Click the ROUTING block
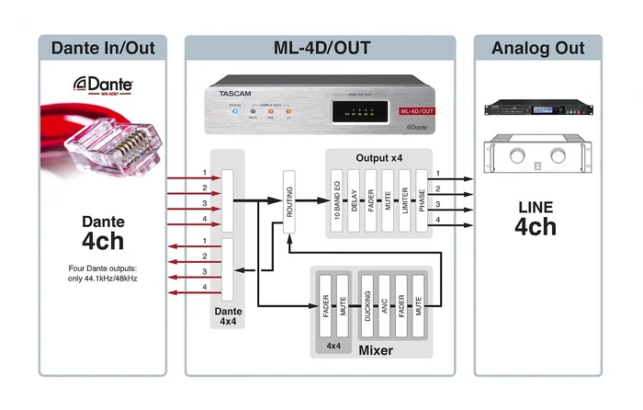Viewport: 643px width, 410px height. click(x=291, y=196)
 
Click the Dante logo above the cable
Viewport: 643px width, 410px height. click(x=103, y=85)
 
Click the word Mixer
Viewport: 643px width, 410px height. click(x=374, y=351)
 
